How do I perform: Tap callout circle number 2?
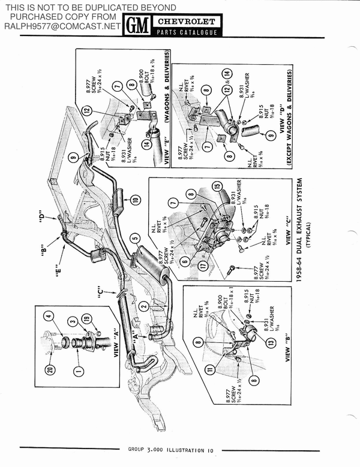143,306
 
